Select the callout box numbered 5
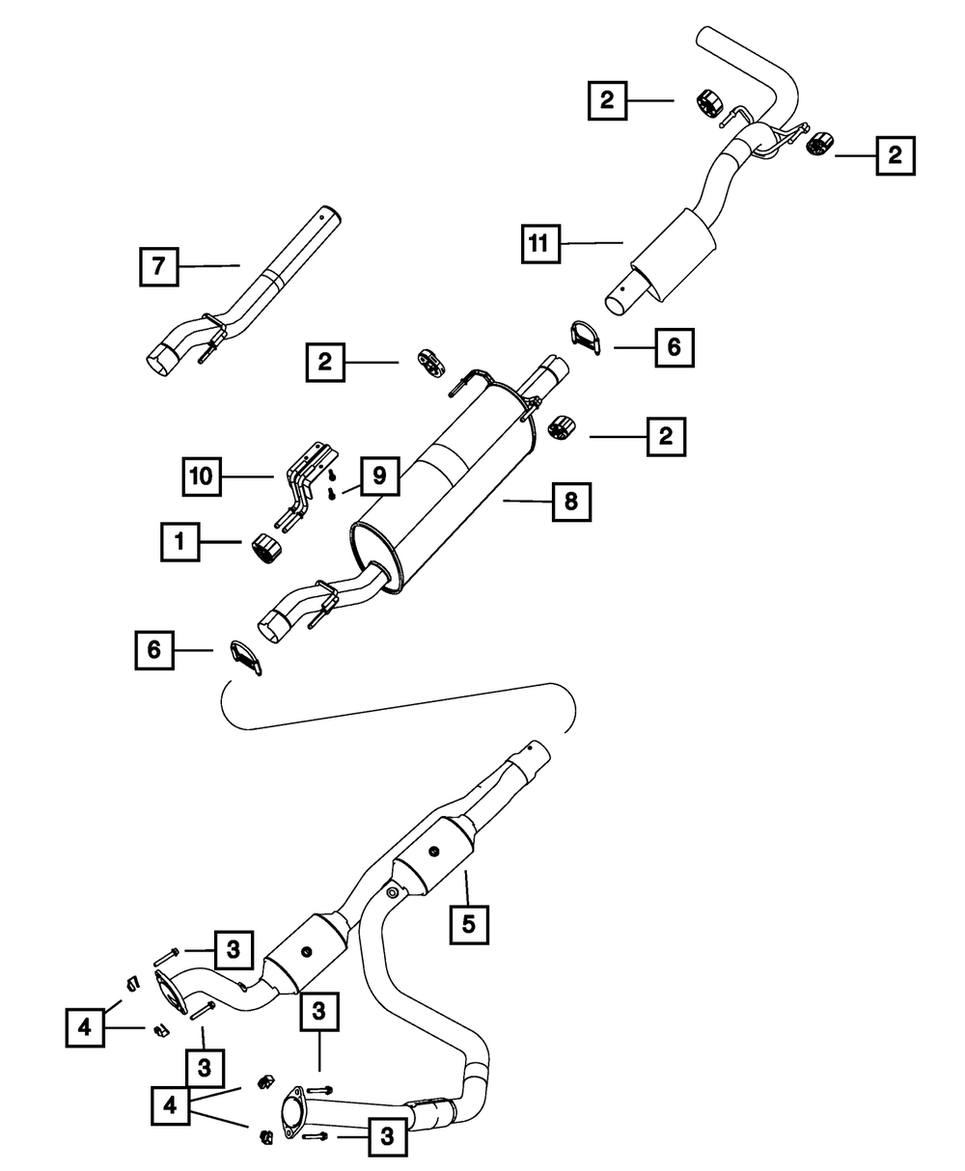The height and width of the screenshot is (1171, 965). coord(468,923)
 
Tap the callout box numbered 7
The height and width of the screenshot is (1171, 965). coord(159,266)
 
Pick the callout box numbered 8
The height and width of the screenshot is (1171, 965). coord(571,501)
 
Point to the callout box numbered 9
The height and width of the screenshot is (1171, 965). coord(378,475)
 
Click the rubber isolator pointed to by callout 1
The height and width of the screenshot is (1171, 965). coord(265,548)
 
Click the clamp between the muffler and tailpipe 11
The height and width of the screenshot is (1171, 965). coord(585,342)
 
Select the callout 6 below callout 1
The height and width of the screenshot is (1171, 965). coord(154,651)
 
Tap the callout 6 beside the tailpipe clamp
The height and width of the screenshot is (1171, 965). coord(674,346)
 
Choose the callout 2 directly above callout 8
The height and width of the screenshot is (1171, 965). coord(665,437)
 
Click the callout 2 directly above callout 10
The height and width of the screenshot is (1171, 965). coord(325,362)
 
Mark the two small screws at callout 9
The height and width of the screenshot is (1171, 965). coord(332,484)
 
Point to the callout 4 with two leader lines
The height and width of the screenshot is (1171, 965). coord(171,1104)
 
